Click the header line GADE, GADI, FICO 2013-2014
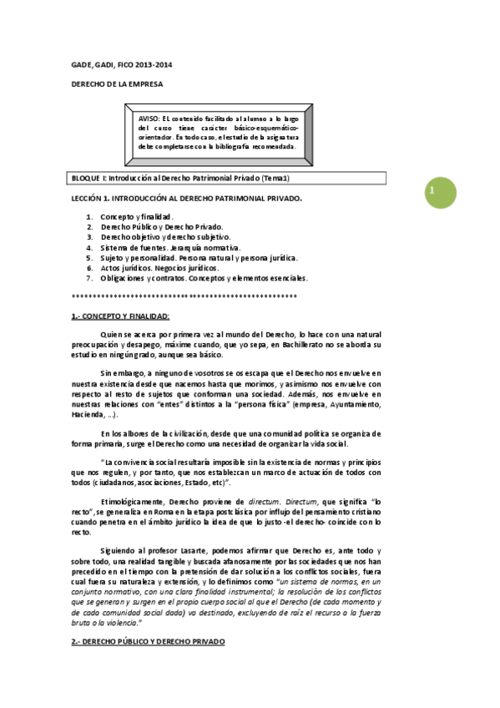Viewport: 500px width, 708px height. point(122,65)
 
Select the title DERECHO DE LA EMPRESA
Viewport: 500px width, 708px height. point(117,84)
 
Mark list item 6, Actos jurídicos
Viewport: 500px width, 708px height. point(159,268)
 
